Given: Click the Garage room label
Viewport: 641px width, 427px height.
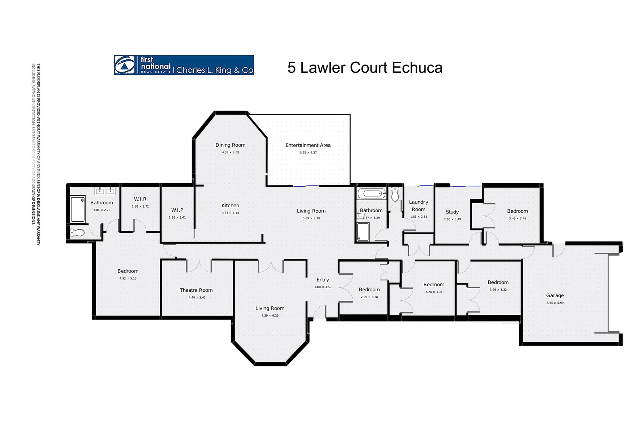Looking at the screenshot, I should click(x=555, y=295).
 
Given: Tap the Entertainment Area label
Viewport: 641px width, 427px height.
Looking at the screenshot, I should click(x=308, y=145).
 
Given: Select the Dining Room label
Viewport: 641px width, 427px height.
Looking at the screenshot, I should click(x=230, y=145).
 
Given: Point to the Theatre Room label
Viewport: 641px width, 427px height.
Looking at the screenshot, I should click(x=196, y=290).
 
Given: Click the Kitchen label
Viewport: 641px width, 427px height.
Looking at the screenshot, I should click(x=230, y=206).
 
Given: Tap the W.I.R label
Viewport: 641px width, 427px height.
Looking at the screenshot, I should click(x=140, y=199).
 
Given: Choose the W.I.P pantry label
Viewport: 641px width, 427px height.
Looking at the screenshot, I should click(x=177, y=210).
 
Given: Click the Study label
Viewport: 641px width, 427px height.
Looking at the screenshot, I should click(x=452, y=212).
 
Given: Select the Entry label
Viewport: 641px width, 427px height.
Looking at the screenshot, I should click(x=322, y=280).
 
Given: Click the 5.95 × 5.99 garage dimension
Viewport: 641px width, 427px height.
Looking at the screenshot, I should click(x=555, y=303).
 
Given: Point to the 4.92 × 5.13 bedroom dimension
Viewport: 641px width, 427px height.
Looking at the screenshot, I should click(x=128, y=278).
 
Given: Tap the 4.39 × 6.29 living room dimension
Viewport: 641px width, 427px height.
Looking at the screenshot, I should click(x=270, y=316).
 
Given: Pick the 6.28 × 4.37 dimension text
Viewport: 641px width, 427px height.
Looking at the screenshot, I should click(x=308, y=153).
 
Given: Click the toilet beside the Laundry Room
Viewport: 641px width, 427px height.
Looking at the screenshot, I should click(x=395, y=195).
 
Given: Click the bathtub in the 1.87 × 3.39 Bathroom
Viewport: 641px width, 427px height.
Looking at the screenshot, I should click(x=371, y=194).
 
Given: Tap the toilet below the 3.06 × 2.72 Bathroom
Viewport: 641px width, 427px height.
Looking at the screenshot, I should click(x=78, y=233).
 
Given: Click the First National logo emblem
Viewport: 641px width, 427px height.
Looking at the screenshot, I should click(x=125, y=65).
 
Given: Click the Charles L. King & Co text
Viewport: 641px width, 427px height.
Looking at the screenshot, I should click(x=214, y=70).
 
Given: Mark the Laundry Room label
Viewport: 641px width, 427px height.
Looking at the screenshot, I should click(x=418, y=206).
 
